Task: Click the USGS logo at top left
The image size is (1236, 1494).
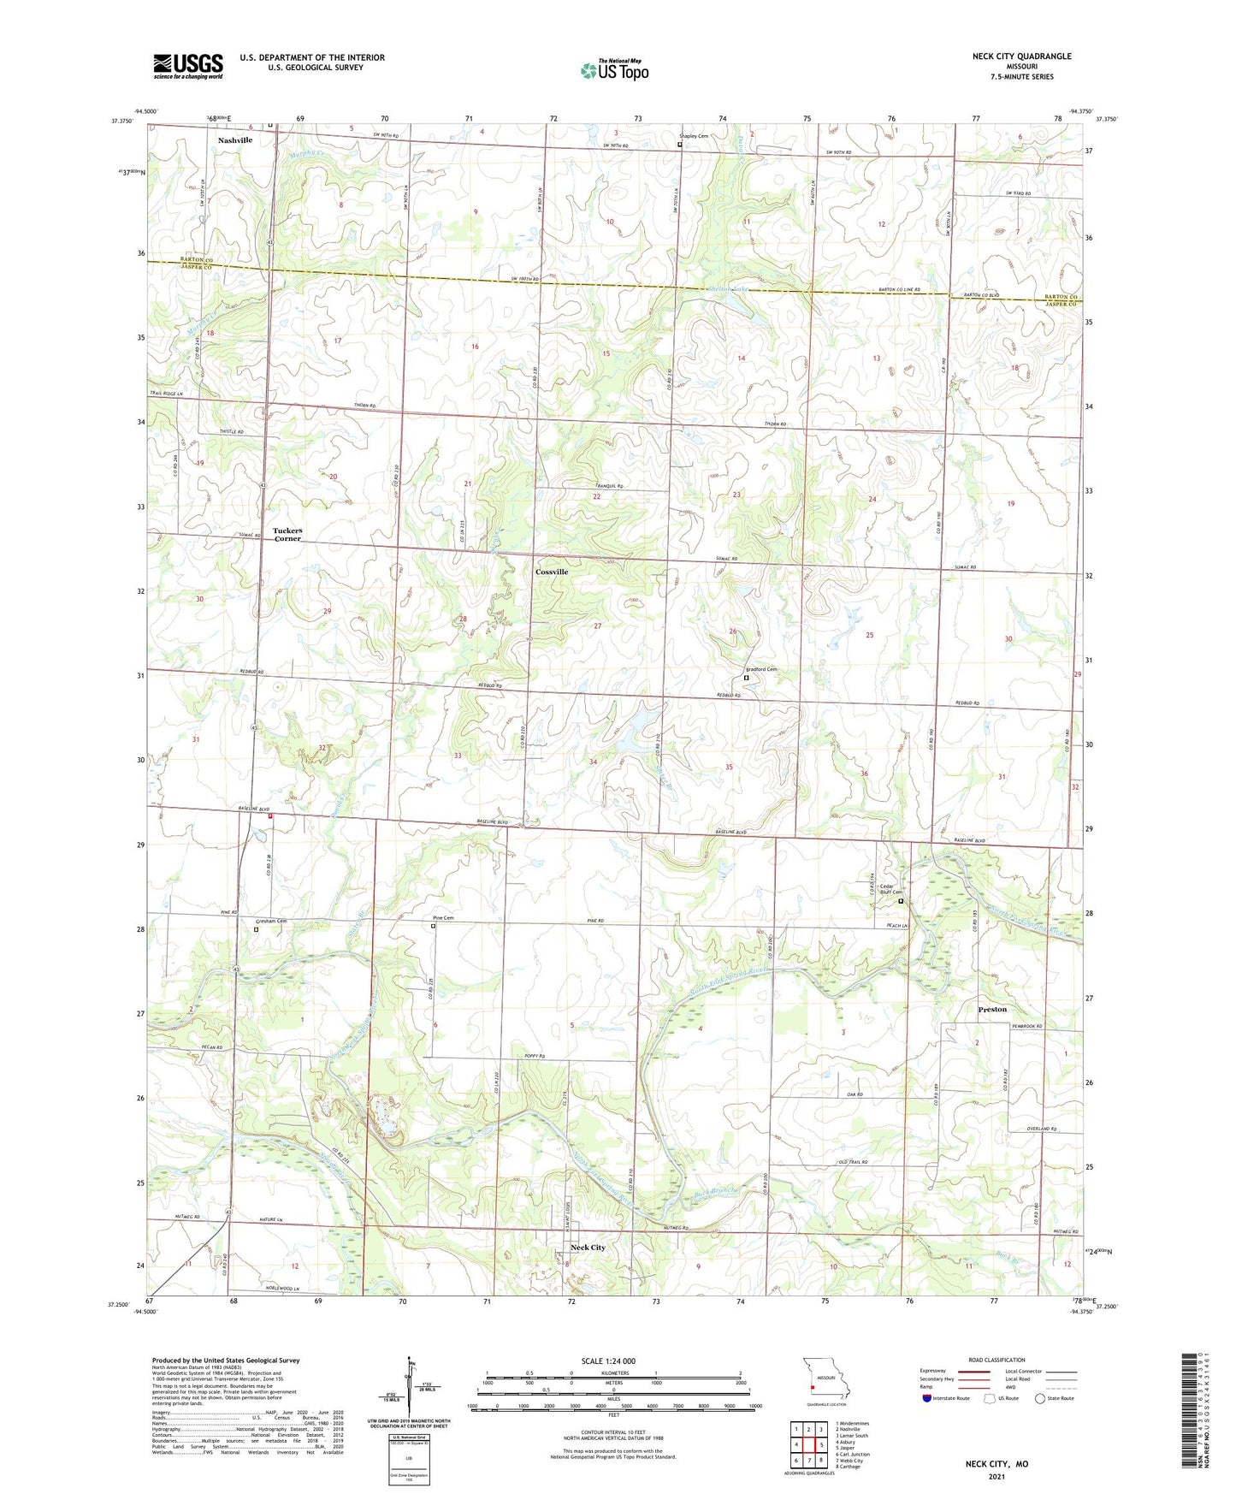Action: tap(187, 66)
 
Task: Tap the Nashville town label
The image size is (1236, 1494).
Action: tap(234, 139)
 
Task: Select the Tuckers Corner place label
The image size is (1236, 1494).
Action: tap(287, 535)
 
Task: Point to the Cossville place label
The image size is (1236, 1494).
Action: tap(552, 572)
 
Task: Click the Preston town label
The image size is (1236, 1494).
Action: tap(992, 1010)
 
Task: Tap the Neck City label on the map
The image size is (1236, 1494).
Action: tap(588, 1248)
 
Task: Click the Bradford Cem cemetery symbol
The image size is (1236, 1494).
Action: tap(746, 678)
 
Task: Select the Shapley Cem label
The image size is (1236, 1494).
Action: tap(694, 136)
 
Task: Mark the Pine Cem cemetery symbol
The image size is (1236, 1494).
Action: tap(433, 926)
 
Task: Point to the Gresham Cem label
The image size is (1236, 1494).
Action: tap(271, 922)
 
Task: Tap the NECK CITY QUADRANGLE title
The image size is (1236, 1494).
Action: tap(1021, 56)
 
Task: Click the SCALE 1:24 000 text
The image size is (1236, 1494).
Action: tap(608, 1361)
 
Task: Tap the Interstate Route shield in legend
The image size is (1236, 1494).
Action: tap(928, 1398)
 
